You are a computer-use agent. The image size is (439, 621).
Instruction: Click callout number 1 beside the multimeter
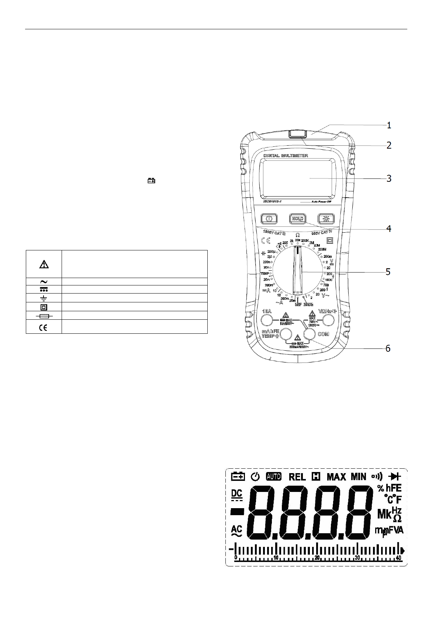tap(389, 125)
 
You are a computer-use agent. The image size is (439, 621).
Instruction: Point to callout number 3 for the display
tap(389, 178)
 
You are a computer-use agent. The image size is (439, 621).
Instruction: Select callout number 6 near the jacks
tap(388, 348)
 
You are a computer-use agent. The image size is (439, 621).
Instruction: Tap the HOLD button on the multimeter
tap(297, 219)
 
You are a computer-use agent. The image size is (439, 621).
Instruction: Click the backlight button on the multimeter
tap(326, 219)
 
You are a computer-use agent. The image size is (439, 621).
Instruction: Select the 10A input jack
tap(267, 320)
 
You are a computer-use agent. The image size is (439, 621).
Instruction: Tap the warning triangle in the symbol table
tap(44, 264)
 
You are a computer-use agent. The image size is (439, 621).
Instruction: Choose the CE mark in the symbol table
tap(44, 327)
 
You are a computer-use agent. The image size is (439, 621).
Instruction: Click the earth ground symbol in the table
tap(44, 298)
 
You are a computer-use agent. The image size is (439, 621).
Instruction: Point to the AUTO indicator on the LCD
tap(273, 476)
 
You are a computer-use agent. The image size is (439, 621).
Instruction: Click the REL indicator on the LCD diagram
tap(297, 477)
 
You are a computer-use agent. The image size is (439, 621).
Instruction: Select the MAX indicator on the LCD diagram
tap(336, 477)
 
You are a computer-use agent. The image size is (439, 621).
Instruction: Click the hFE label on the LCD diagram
tap(393, 488)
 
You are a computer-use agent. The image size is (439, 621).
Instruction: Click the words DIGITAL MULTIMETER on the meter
tap(286, 156)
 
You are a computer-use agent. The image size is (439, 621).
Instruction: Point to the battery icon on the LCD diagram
tap(238, 476)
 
